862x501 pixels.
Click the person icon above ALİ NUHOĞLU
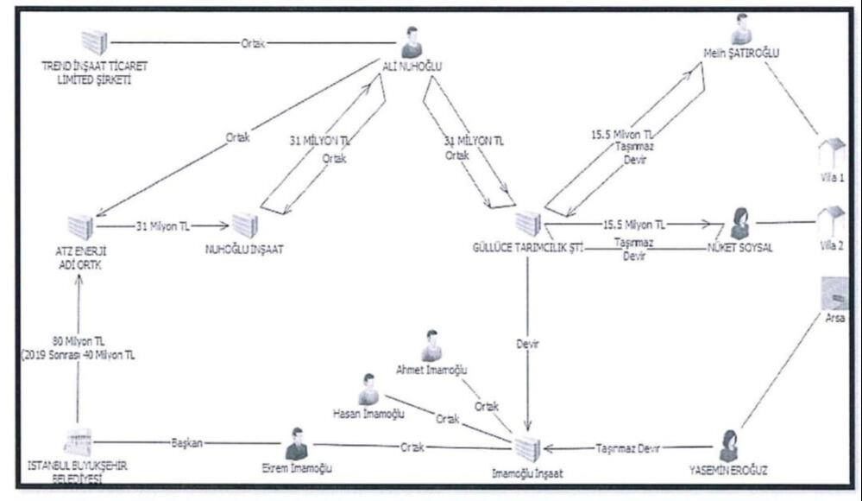[412, 42]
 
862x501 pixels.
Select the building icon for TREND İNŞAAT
[95, 42]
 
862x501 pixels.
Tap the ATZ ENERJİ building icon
[80, 227]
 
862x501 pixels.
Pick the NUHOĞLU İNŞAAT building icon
[246, 225]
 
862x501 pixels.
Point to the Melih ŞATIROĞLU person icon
[740, 29]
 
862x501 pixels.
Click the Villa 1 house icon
[832, 153]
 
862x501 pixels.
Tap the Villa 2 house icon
[832, 224]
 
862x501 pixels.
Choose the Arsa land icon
[834, 294]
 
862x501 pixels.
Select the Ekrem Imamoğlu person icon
[297, 444]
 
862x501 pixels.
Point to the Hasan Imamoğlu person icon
[368, 390]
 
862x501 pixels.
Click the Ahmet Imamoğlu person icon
[431, 346]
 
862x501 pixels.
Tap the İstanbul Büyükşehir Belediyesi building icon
[79, 443]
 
